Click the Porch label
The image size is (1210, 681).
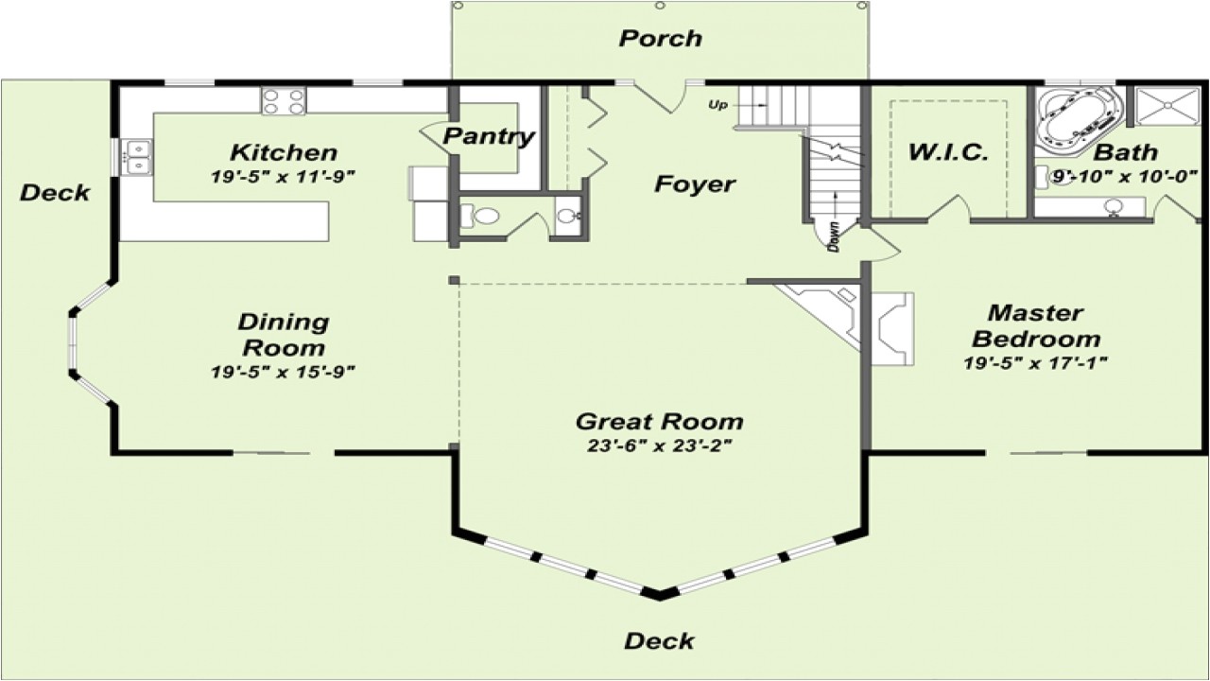coord(661,39)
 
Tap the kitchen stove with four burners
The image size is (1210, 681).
coord(284,101)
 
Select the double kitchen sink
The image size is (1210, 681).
coord(136,157)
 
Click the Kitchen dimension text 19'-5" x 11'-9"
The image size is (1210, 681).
coord(283,177)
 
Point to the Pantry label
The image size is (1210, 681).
coord(489,137)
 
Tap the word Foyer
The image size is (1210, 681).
coord(695,184)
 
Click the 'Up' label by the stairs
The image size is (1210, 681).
coord(717,105)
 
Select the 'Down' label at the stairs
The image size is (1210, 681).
coord(834,236)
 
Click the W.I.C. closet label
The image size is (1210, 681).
coord(948,152)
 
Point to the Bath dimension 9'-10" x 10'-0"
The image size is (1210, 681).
coord(1126,176)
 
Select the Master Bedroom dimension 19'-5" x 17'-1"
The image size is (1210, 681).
coord(1036,363)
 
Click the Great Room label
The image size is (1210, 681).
coord(660,422)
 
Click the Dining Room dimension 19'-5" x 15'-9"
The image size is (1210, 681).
coord(283,372)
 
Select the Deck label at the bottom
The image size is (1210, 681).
coord(660,641)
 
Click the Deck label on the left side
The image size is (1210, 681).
coord(55,193)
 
